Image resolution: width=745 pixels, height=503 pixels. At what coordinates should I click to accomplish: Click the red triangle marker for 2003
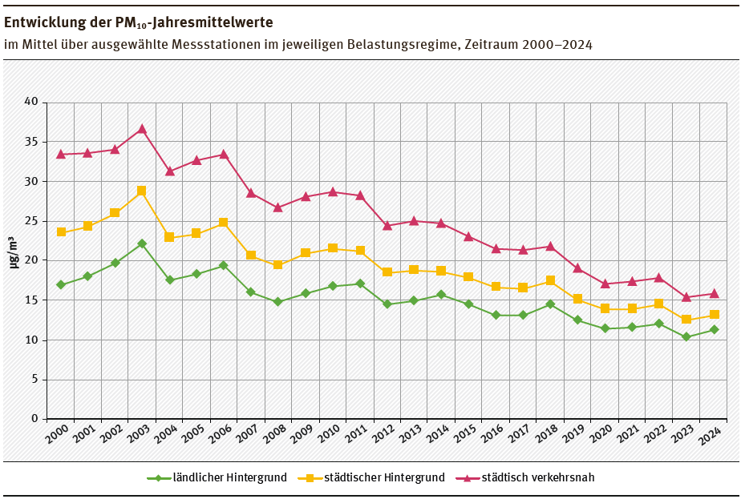pos(142,129)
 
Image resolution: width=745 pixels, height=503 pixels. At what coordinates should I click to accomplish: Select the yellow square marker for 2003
pos(142,191)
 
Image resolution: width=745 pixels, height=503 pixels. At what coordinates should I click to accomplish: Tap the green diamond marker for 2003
pos(142,243)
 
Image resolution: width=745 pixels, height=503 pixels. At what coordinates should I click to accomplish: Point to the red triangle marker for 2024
pos(714,293)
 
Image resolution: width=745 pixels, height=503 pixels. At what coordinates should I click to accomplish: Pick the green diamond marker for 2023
pos(686,337)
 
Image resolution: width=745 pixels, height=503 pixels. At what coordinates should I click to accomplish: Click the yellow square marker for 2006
pos(224,223)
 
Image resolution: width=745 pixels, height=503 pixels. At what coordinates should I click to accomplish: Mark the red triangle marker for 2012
pos(387,225)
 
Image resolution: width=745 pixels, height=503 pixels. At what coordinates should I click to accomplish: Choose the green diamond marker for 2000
pos(60,285)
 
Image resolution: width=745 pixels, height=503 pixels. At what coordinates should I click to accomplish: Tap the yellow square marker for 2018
pos(550,280)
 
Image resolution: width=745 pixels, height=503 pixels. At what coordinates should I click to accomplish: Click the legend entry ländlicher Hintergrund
pos(229,478)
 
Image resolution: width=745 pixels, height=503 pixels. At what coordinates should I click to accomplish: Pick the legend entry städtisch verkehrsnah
pos(538,478)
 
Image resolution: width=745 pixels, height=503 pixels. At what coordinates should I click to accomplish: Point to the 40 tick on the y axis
pos(31,103)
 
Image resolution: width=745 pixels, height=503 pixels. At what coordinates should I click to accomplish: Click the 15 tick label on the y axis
pos(31,300)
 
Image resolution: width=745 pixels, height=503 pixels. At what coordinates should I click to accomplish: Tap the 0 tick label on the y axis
pos(34,419)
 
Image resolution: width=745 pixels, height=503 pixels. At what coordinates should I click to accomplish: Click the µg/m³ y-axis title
pos(14,252)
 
